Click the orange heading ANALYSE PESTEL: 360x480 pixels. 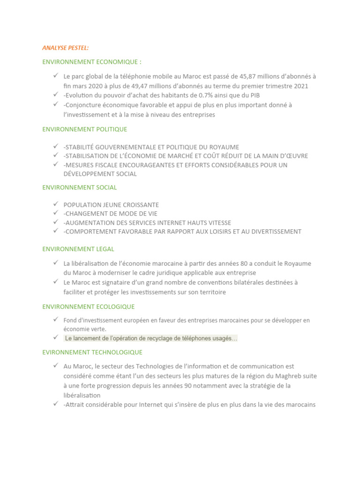65,48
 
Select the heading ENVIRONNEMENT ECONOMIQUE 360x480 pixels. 91,61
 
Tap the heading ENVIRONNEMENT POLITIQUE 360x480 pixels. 84,129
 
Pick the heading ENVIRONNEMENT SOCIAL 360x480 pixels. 79,187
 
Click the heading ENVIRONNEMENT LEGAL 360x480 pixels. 78,249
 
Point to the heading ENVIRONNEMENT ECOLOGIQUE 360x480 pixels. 88,307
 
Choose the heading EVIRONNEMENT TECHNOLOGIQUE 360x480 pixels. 92,352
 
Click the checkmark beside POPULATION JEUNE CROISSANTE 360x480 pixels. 55,204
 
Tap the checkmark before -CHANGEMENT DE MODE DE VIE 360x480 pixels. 55,213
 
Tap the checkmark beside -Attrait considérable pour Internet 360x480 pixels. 55,404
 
